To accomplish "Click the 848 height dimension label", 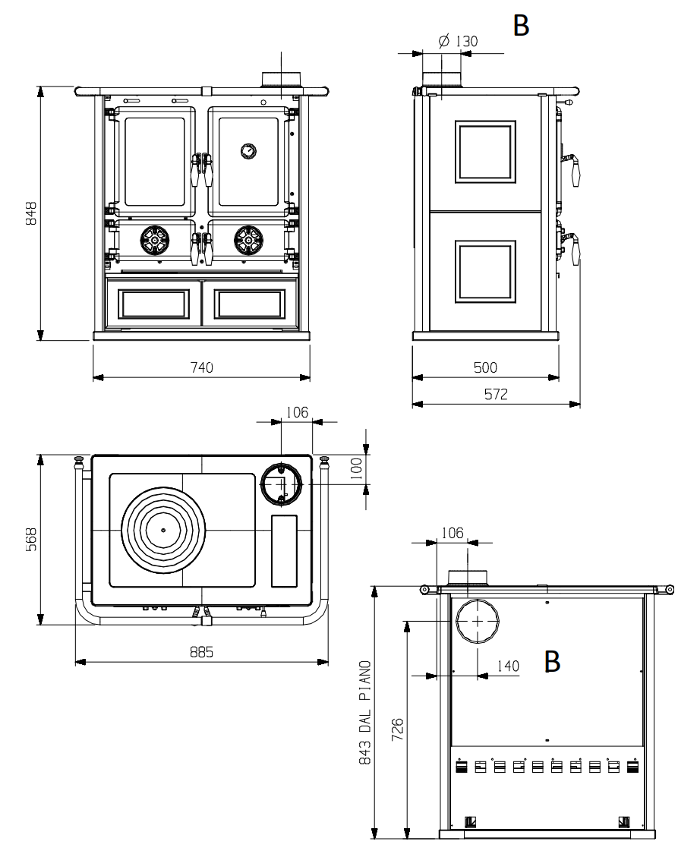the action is click(x=32, y=213).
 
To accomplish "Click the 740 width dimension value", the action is click(x=202, y=367).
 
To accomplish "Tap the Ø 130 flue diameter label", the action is click(x=458, y=41).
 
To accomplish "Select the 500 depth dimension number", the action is click(x=486, y=367).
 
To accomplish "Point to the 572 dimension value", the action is click(x=496, y=394).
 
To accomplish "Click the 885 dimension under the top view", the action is click(x=202, y=652).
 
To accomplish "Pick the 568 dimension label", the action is click(x=32, y=539).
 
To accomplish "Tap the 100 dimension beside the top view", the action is click(x=356, y=469).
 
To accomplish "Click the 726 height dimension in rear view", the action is click(x=398, y=729).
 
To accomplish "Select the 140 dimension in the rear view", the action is click(x=508, y=666).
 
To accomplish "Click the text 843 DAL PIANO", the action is click(x=364, y=713).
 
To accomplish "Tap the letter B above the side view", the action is click(x=521, y=25).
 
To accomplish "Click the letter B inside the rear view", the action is click(x=552, y=661).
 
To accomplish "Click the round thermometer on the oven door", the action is click(x=248, y=151).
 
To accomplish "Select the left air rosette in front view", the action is click(x=155, y=240).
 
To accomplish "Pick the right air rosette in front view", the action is click(x=248, y=240).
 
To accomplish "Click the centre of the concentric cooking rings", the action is click(x=163, y=530).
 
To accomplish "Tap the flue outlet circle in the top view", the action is click(x=281, y=464).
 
